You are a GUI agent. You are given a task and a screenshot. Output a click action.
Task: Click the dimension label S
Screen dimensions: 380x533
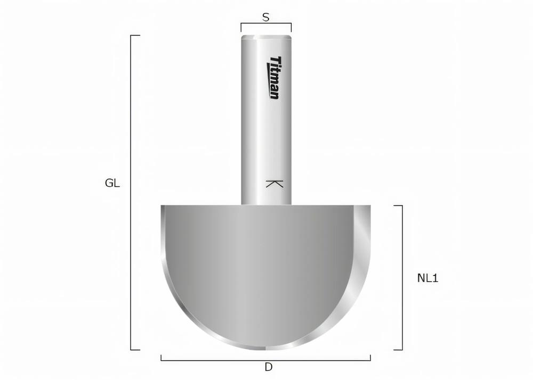pyautogui.click(x=266, y=17)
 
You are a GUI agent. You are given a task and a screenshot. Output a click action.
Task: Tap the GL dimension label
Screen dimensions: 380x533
pyautogui.click(x=112, y=184)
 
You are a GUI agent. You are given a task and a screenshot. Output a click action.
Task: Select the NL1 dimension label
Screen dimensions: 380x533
pyautogui.click(x=427, y=278)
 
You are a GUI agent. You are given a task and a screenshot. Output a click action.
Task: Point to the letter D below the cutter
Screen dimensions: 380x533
pyautogui.click(x=269, y=367)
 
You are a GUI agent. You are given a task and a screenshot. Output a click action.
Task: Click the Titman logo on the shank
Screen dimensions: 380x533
pyautogui.click(x=274, y=78)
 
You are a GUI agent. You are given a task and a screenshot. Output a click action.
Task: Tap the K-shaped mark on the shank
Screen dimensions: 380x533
pyautogui.click(x=274, y=184)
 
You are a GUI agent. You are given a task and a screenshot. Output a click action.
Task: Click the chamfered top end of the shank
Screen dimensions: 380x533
pyautogui.click(x=266, y=37)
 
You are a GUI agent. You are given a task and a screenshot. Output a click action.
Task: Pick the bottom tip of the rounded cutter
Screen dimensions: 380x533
pyautogui.click(x=266, y=349)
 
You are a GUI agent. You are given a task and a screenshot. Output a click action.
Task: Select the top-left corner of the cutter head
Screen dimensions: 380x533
pyautogui.click(x=162, y=206)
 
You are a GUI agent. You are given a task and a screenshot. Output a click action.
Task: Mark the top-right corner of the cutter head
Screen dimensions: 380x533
pyautogui.click(x=370, y=206)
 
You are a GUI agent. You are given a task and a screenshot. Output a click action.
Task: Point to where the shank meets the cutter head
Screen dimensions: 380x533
pyautogui.click(x=266, y=205)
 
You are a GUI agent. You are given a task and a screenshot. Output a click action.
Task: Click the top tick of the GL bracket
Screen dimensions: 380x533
pyautogui.click(x=135, y=36)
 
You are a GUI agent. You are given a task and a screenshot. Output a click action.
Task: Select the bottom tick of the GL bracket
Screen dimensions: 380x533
pyautogui.click(x=135, y=350)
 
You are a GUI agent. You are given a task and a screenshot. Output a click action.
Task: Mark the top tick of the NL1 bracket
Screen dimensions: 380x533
pyautogui.click(x=398, y=205)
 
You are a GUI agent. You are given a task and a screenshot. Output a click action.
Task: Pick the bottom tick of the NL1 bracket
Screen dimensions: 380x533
pyautogui.click(x=398, y=350)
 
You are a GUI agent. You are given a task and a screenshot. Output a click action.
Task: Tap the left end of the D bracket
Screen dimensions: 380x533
pyautogui.click(x=161, y=358)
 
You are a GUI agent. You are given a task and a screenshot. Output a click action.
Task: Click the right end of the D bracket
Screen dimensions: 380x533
pyautogui.click(x=370, y=358)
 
